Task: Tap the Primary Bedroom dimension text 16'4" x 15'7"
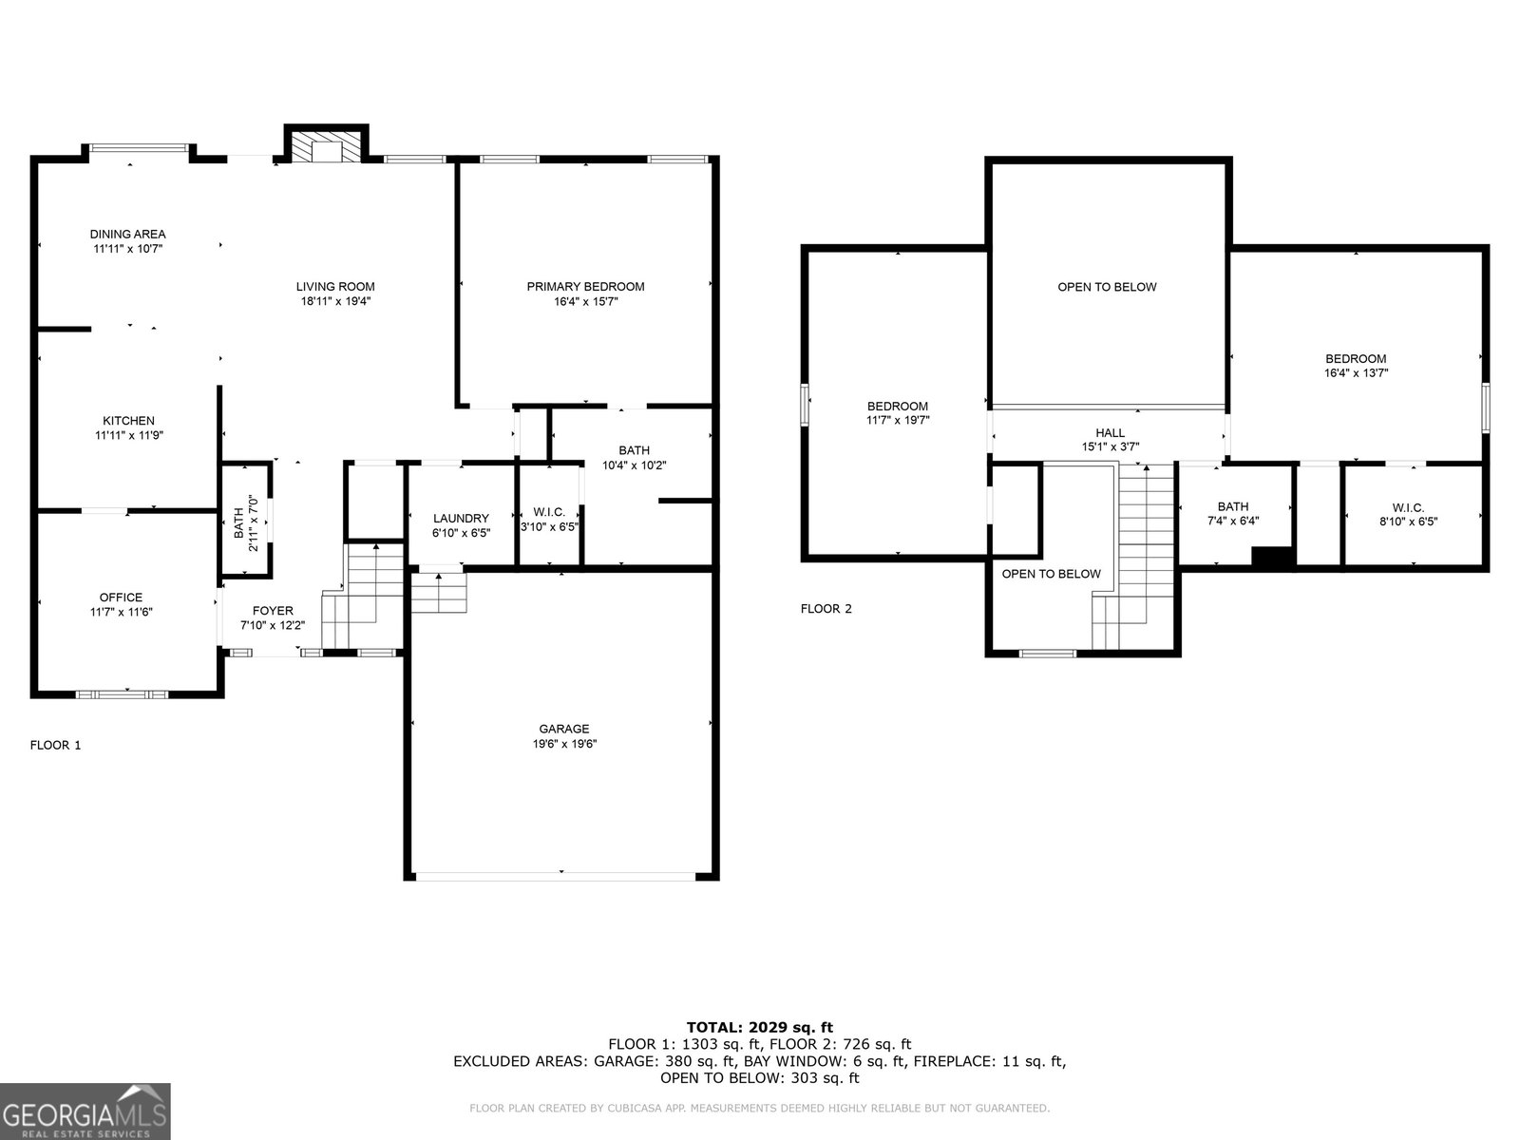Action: tap(586, 301)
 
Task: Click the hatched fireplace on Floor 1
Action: tap(326, 146)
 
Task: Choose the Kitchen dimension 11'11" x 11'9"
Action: tap(129, 435)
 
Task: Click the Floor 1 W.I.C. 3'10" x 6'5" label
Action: tap(549, 519)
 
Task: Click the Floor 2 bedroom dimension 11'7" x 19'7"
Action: tap(898, 420)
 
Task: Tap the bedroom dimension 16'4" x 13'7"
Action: tap(1356, 372)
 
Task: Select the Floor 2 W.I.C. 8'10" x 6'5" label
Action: tap(1409, 514)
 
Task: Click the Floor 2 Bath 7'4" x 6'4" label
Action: tap(1233, 513)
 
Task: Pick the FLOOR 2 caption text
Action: tap(826, 608)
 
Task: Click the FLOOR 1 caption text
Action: tap(55, 745)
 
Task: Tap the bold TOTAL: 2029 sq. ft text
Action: tap(760, 1027)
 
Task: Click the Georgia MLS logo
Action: tap(85, 1111)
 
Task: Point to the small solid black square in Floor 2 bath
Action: tap(1273, 558)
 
